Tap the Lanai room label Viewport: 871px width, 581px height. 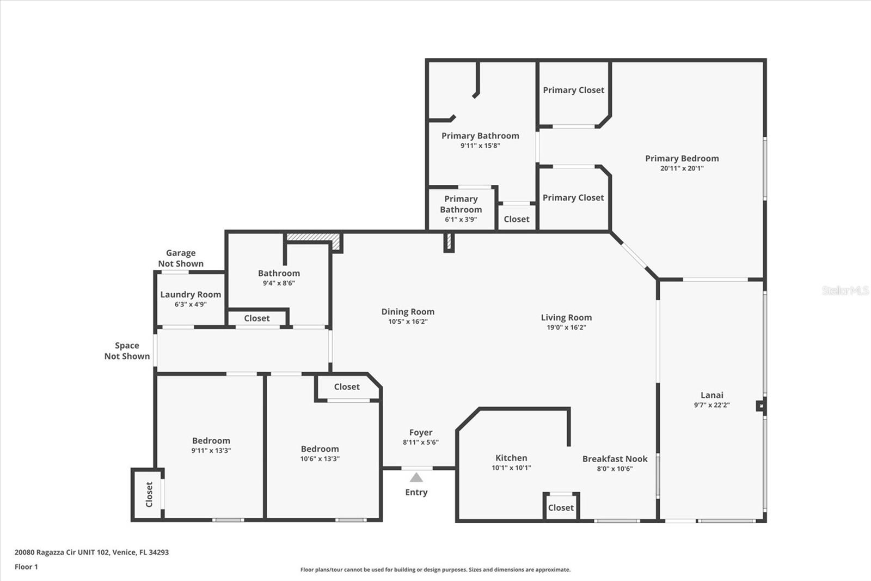711,395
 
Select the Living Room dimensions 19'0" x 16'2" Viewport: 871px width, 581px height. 566,328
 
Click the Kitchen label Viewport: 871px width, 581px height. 511,458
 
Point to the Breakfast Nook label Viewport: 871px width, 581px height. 615,459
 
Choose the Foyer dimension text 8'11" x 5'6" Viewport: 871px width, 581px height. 421,442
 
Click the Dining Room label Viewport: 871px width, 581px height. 408,312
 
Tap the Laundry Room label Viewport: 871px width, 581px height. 191,295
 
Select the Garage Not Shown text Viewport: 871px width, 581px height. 181,258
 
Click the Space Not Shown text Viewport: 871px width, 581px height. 127,351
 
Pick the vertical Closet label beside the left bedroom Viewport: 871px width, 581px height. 149,494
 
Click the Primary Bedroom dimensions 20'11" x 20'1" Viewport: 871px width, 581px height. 682,168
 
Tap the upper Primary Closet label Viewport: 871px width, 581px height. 574,90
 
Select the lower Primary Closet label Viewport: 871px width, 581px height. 573,198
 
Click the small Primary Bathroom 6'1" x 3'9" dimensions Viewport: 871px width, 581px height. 461,219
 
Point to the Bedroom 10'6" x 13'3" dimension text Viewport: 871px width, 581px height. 320,459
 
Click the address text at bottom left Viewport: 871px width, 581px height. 92,552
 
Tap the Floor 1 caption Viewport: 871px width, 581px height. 26,567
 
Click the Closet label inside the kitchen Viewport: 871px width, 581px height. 561,508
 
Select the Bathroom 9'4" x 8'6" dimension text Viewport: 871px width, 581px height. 279,283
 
